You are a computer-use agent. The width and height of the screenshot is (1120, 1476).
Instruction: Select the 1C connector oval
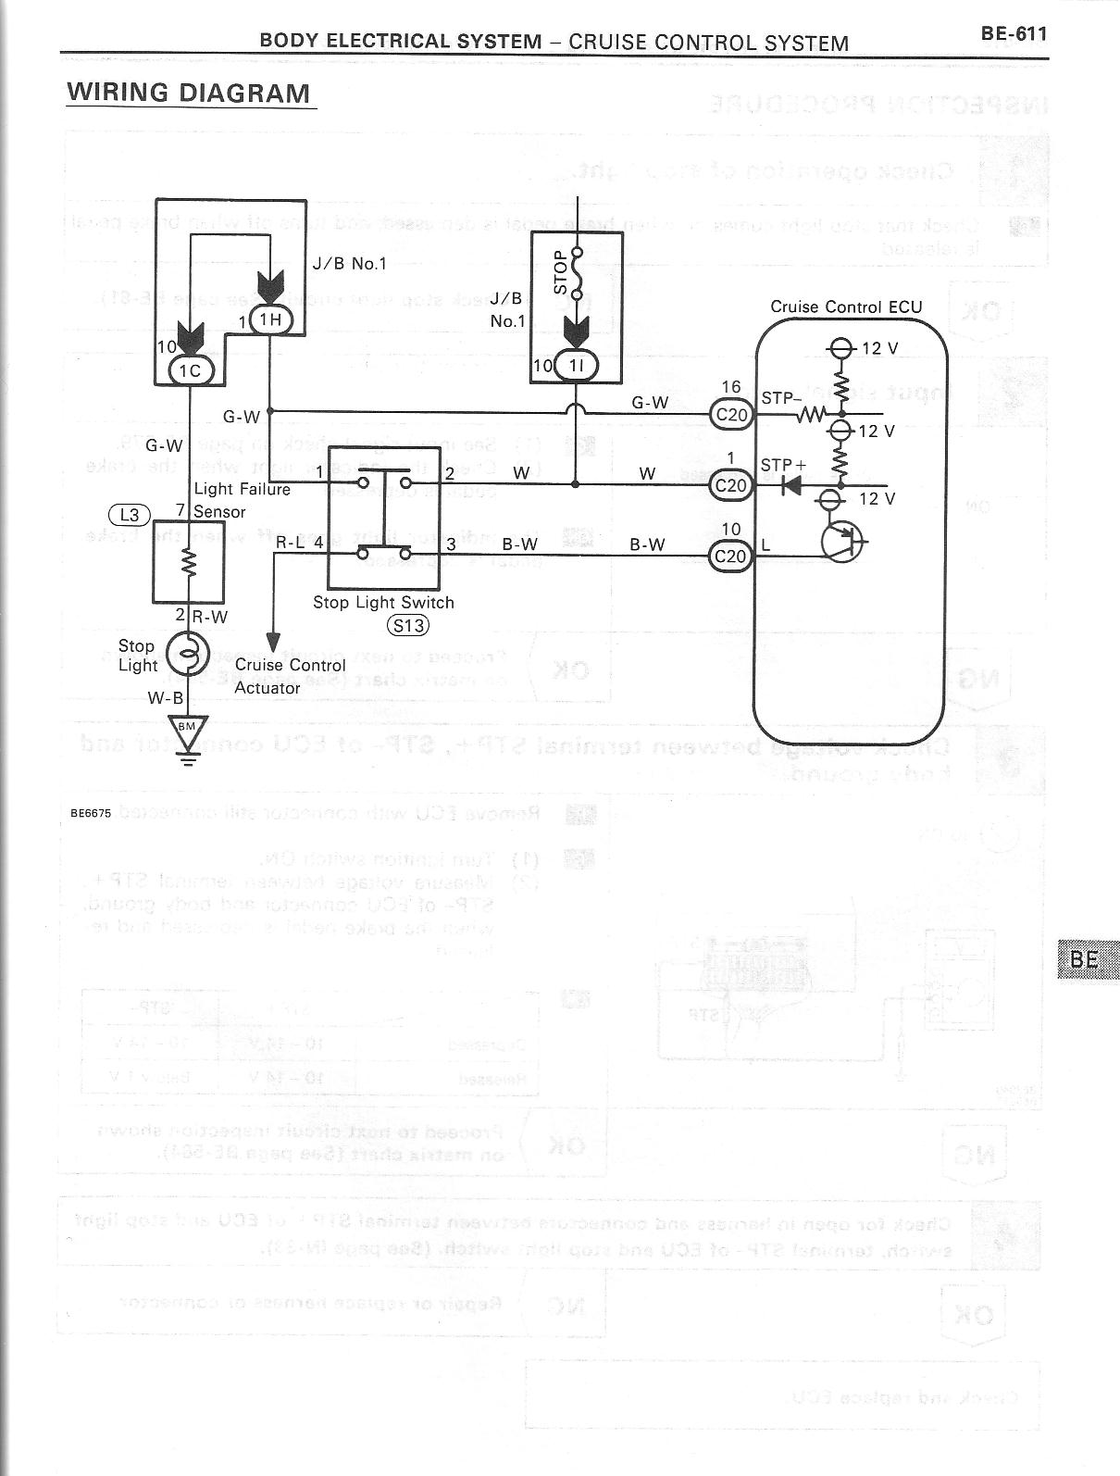[x=190, y=370]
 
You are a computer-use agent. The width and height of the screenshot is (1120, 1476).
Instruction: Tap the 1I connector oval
[x=576, y=366]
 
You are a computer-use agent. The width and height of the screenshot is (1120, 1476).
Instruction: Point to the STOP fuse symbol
[x=576, y=274]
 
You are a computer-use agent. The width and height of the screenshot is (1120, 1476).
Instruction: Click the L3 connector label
[x=128, y=513]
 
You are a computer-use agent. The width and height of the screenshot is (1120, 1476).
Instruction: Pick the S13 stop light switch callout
[x=407, y=625]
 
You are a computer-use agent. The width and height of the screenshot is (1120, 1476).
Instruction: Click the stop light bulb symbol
[x=189, y=654]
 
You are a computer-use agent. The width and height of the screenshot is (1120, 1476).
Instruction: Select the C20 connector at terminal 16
[x=732, y=414]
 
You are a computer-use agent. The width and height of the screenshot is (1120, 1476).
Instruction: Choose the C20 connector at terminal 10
[x=732, y=556]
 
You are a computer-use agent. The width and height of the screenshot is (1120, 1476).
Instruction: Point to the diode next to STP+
[x=791, y=484]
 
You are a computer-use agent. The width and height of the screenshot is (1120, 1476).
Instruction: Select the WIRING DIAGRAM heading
[x=189, y=93]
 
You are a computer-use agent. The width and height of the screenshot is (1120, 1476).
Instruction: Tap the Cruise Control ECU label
[x=846, y=307]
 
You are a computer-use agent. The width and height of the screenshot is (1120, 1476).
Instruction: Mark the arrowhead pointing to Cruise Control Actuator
[x=273, y=642]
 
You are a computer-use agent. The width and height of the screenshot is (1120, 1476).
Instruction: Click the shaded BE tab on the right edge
[x=1085, y=959]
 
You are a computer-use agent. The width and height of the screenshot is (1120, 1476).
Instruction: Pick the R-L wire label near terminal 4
[x=290, y=543]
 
